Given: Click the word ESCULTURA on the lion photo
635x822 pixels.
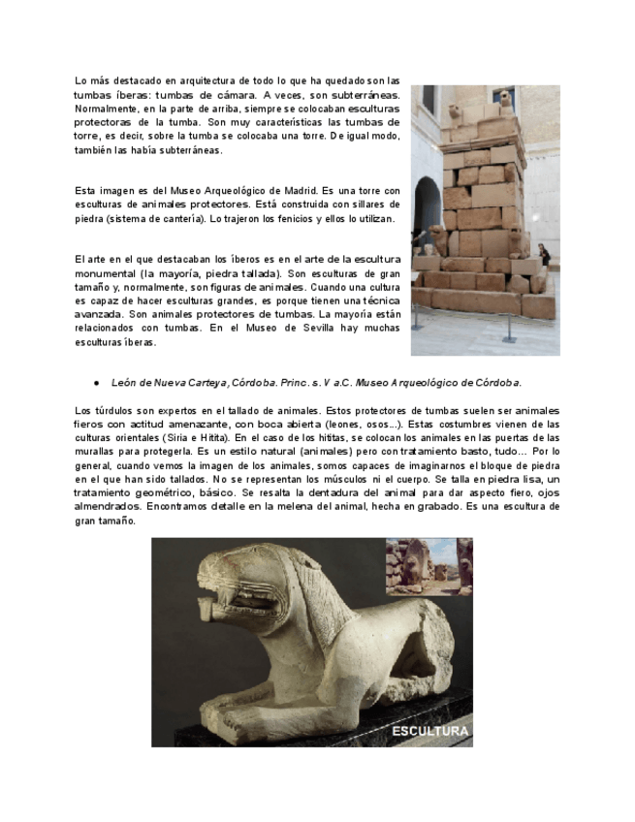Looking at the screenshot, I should pos(429,731).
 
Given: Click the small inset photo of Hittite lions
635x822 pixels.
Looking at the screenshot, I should pos(429,566).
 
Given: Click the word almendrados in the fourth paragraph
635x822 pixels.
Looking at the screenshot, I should pos(105,506).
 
